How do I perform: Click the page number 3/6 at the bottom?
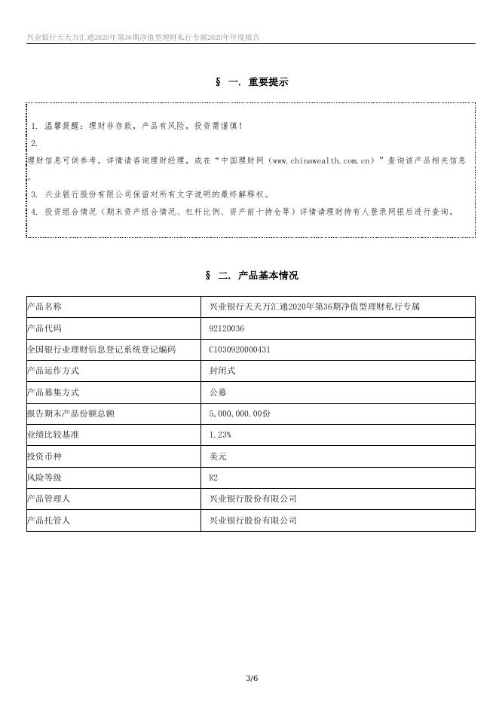click(x=252, y=679)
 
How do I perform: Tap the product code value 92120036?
click(x=226, y=328)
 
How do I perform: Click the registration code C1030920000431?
click(x=240, y=349)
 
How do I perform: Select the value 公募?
click(x=218, y=392)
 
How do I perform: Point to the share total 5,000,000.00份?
click(x=240, y=414)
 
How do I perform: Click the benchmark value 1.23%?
click(x=220, y=435)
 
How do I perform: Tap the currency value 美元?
click(x=218, y=456)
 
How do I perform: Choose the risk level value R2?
click(x=213, y=477)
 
